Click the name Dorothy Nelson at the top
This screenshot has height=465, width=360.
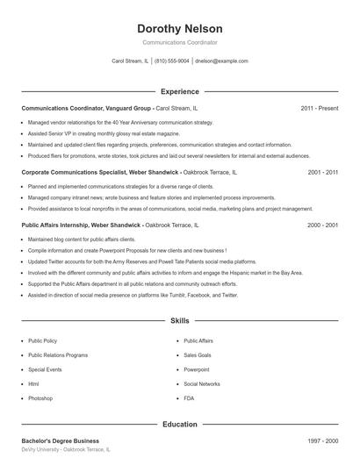pos(179,28)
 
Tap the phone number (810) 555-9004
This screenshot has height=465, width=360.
pos(171,61)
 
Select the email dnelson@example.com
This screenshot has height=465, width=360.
pos(221,61)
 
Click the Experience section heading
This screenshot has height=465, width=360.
pos(179,91)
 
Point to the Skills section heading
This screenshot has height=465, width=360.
pos(179,321)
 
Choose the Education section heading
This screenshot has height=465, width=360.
pos(179,425)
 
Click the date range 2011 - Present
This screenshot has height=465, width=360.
pos(319,108)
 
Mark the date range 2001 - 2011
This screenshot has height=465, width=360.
pos(322,173)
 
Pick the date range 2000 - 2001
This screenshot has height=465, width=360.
pos(322,225)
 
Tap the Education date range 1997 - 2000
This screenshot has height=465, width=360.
pos(322,440)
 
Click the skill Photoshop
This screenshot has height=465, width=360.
pos(40,398)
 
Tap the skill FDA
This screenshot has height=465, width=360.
pos(189,398)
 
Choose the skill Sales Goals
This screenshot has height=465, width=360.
pos(197,355)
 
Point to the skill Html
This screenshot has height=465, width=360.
pos(33,384)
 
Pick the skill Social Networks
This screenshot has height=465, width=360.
pos(201,384)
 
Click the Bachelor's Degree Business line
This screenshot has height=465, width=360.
pos(60,440)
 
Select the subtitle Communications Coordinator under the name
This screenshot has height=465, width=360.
pos(179,42)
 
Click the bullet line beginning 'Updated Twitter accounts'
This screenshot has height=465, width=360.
pos(129,261)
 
